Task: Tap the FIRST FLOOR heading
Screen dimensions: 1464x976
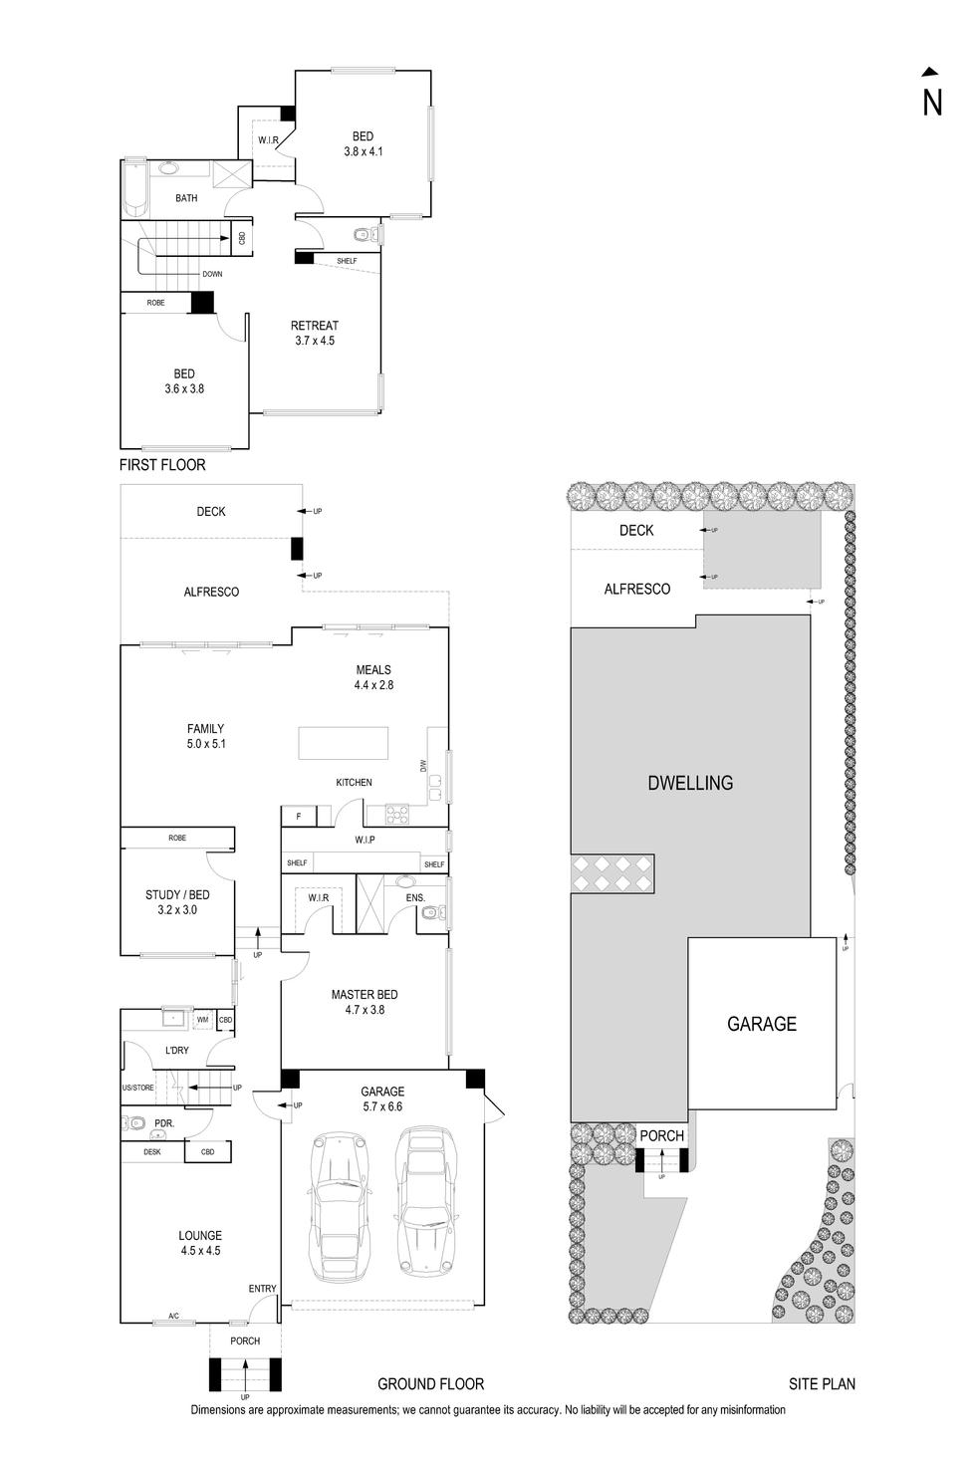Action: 162,465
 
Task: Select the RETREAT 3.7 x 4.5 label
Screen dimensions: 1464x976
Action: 315,333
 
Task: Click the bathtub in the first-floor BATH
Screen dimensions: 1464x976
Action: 132,188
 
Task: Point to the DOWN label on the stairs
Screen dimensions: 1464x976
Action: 212,274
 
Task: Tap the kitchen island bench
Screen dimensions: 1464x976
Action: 344,743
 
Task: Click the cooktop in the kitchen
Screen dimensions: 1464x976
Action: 397,815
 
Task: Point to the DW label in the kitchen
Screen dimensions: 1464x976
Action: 423,766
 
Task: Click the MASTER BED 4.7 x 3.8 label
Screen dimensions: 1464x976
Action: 365,1002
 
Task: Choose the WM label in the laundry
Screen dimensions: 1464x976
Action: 202,1020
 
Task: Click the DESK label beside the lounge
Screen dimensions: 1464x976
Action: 152,1152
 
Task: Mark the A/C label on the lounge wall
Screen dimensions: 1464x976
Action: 173,1317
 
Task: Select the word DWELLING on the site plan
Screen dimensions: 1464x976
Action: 690,783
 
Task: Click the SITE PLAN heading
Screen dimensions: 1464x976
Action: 822,1383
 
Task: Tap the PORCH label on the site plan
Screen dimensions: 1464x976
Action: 661,1135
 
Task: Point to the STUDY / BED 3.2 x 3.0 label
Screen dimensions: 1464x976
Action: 177,902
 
